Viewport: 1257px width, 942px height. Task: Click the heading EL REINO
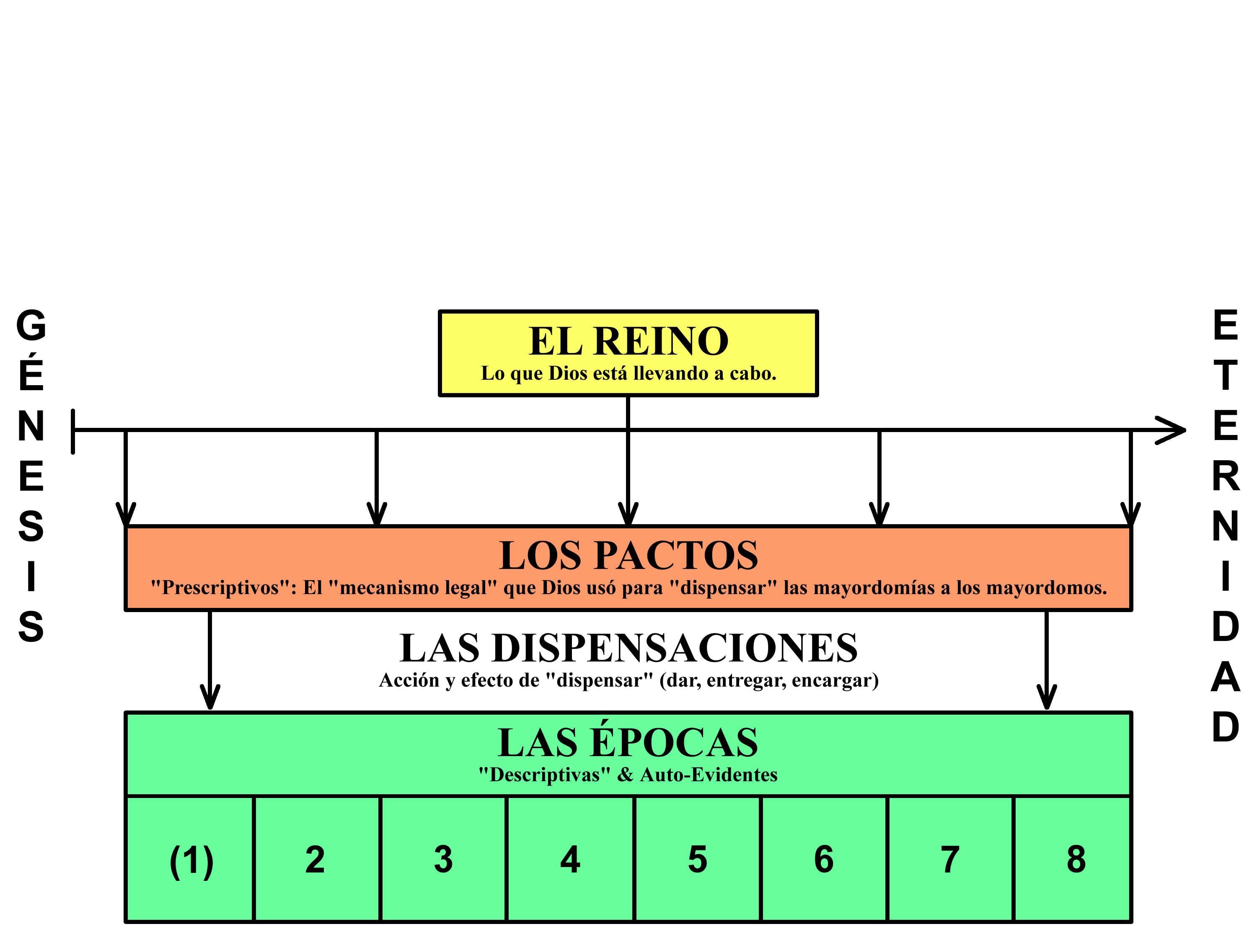[x=628, y=341]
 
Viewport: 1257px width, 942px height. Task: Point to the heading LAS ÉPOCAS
[x=628, y=743]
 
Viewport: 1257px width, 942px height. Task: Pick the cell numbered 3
[x=443, y=860]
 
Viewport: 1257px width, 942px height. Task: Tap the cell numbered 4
[x=570, y=860]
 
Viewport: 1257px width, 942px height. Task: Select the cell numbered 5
[x=697, y=860]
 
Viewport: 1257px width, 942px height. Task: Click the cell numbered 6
[x=823, y=860]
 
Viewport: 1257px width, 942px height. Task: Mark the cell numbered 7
[x=949, y=860]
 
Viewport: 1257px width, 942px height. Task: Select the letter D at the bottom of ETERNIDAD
[x=1225, y=727]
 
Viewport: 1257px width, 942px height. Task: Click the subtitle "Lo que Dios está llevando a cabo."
[x=628, y=373]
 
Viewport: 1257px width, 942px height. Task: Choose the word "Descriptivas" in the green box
[x=544, y=775]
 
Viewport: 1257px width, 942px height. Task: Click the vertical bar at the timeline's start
[x=73, y=432]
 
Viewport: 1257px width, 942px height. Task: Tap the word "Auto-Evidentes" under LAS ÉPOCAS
[x=709, y=775]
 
